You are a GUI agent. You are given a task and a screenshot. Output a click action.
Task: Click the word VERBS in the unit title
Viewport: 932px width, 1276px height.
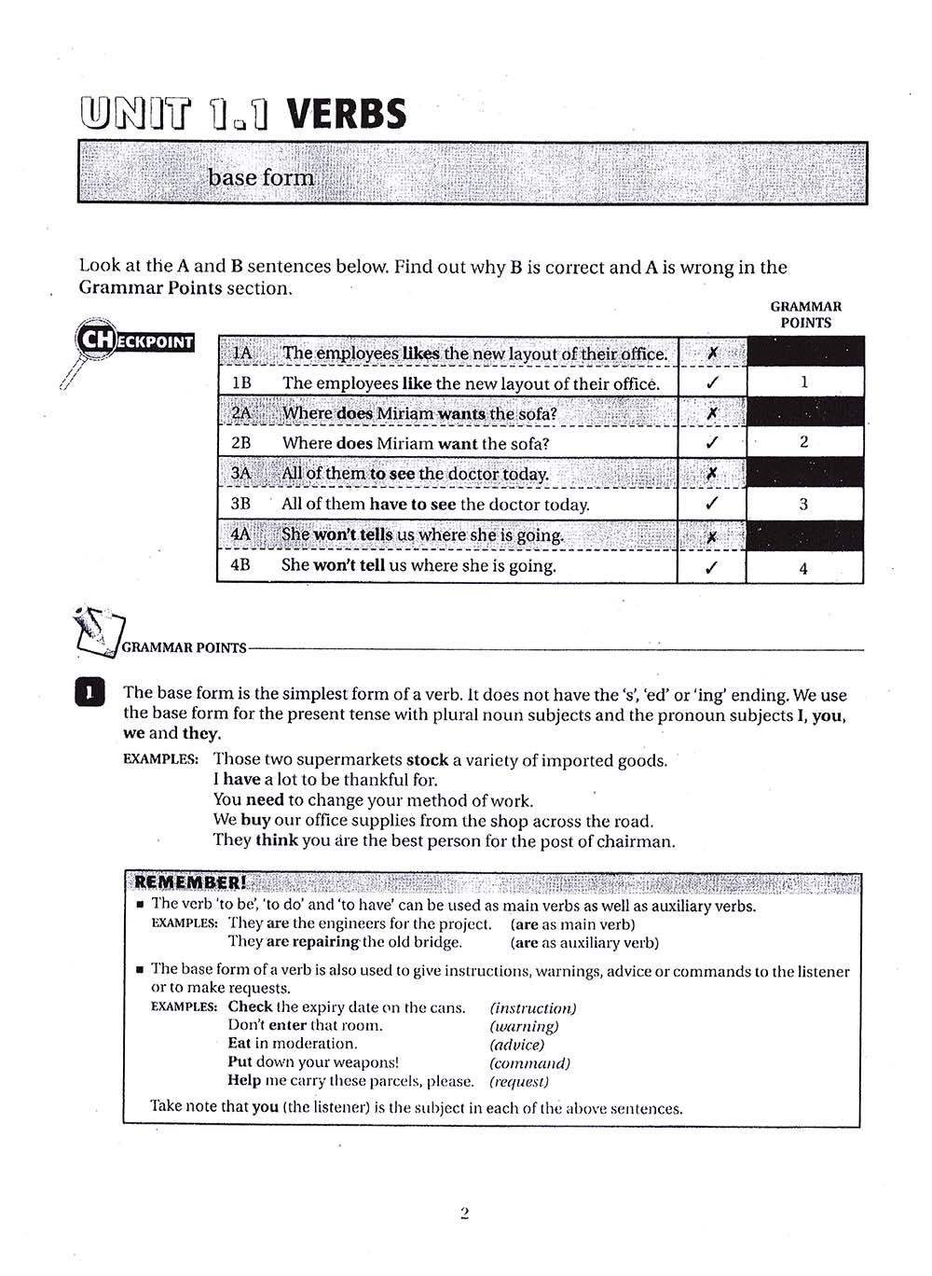click(347, 114)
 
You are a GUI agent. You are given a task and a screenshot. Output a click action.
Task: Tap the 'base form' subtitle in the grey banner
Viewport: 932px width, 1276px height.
click(261, 177)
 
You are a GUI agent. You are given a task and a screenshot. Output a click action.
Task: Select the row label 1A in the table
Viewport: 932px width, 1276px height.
click(241, 354)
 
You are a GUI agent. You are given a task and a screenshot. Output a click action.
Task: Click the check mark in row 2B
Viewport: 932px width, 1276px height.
click(712, 442)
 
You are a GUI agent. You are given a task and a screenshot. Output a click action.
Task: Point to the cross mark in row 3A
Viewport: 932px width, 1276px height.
click(711, 474)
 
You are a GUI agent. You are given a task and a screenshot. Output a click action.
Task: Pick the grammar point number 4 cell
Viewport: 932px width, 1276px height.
click(803, 568)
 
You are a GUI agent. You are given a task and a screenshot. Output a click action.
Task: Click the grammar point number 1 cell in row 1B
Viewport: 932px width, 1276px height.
click(804, 382)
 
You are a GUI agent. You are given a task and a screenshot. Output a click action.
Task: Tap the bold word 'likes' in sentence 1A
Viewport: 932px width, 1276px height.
click(420, 354)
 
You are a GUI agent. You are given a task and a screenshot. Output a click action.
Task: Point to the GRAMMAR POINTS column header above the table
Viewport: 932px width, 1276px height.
click(805, 314)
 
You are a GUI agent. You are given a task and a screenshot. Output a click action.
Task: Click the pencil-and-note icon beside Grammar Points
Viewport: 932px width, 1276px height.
click(94, 629)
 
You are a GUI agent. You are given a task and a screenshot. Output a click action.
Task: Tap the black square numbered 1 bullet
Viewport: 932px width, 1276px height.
click(89, 693)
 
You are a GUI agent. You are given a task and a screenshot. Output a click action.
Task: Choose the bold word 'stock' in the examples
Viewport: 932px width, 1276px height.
click(428, 760)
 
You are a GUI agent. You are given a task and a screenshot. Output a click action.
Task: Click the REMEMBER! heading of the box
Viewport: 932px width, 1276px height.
click(190, 882)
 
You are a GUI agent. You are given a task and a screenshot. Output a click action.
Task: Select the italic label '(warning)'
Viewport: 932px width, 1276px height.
click(524, 1027)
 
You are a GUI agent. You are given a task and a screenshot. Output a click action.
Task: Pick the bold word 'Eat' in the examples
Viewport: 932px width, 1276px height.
click(239, 1044)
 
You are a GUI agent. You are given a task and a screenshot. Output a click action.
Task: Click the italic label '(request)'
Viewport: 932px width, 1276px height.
click(519, 1082)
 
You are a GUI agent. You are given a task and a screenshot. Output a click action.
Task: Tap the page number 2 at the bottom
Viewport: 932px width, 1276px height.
click(464, 1214)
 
